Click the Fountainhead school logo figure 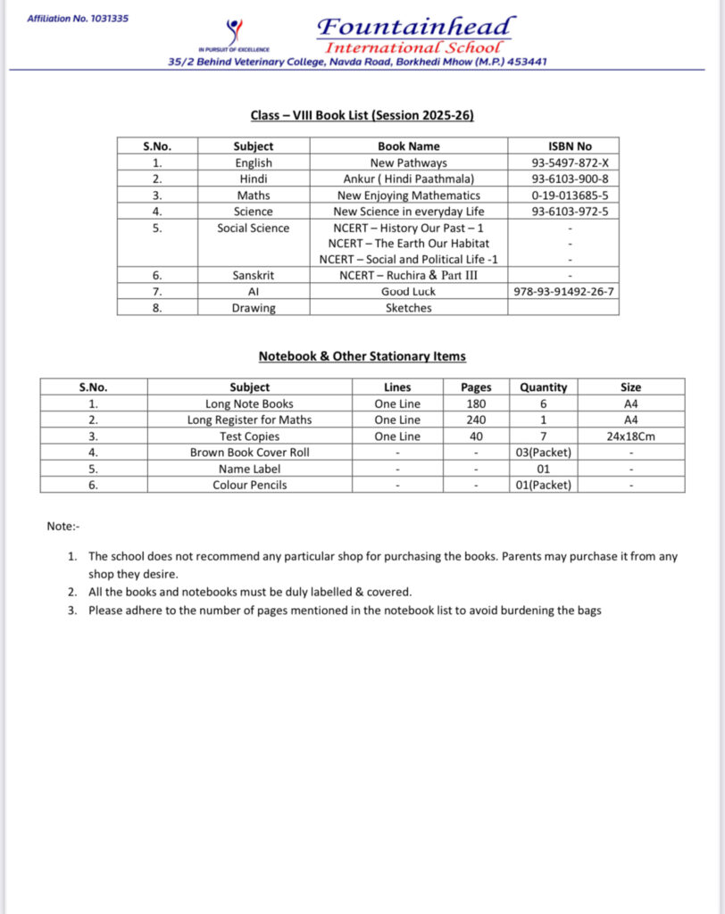click(x=236, y=32)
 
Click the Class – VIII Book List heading click(x=362, y=115)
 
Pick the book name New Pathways click(x=408, y=163)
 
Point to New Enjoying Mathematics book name click(x=408, y=195)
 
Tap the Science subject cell click(x=254, y=212)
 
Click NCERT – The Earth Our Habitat click(x=408, y=243)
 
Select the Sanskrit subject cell click(x=254, y=275)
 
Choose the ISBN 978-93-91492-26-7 click(x=563, y=292)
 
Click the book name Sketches click(x=408, y=308)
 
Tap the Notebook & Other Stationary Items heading click(x=362, y=356)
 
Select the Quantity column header click(x=543, y=387)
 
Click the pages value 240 click(x=476, y=420)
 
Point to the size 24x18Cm click(x=630, y=436)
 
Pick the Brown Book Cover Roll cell click(x=249, y=453)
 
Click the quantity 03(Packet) click(x=543, y=453)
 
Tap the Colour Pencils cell click(x=249, y=485)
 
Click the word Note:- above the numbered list click(x=63, y=527)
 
